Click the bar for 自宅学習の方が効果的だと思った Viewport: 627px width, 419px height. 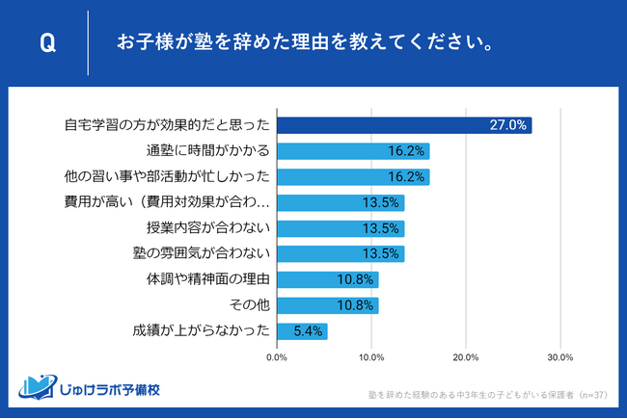(x=403, y=125)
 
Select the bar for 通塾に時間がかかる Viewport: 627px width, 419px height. (x=352, y=151)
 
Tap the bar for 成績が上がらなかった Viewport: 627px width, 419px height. (x=302, y=331)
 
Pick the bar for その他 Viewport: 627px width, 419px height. (x=327, y=305)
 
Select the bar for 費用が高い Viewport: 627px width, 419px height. (x=340, y=202)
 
